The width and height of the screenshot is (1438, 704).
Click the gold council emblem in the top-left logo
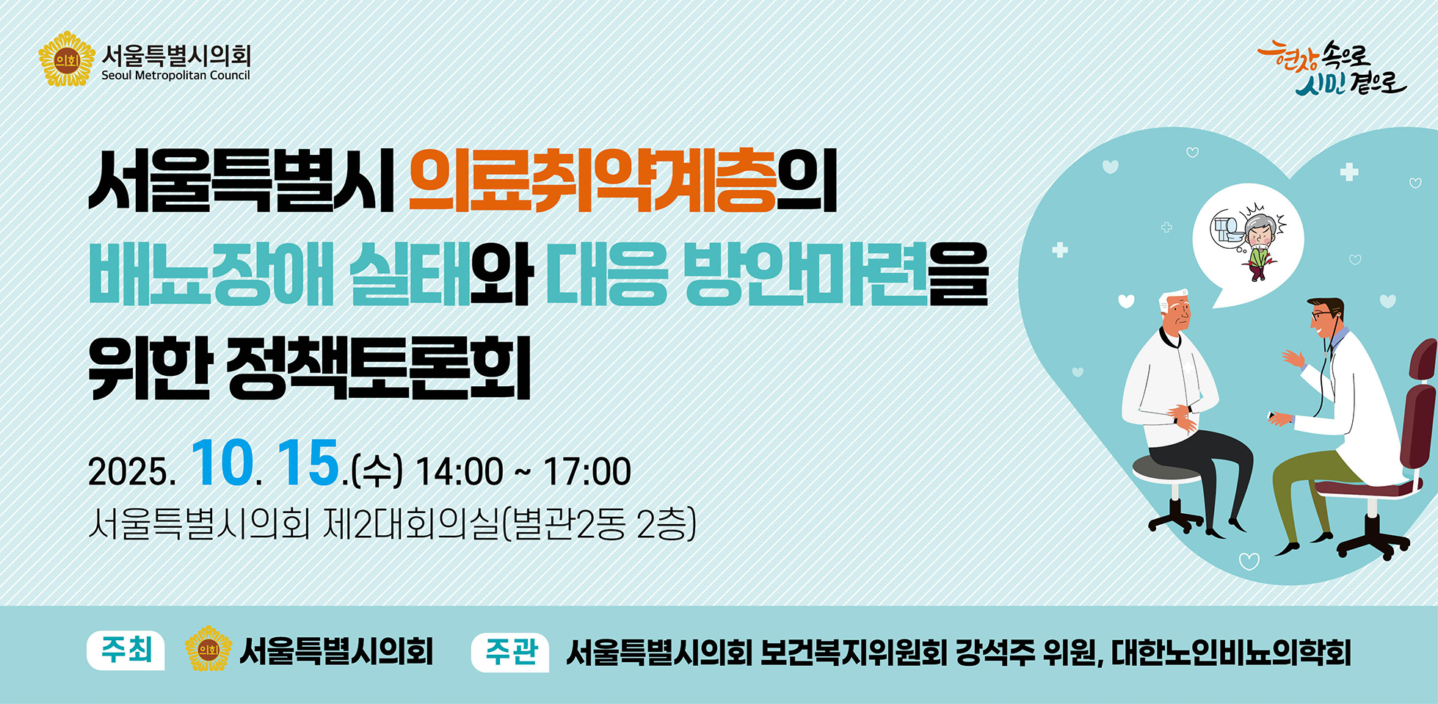67,59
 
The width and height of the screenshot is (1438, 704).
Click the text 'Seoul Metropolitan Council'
175,76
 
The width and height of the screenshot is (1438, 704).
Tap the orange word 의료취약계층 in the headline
592,181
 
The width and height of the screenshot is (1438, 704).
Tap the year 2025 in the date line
128,471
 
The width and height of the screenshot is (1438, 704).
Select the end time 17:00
587,471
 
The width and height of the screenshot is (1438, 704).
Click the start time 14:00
460,471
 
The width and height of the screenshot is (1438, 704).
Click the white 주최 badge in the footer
126,650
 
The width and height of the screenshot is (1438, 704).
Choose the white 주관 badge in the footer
510,652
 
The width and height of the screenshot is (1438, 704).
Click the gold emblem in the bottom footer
208,649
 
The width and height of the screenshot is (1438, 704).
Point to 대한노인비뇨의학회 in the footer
1231,653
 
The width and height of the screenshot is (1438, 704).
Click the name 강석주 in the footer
995,653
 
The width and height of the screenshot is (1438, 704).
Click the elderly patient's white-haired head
1174,312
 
